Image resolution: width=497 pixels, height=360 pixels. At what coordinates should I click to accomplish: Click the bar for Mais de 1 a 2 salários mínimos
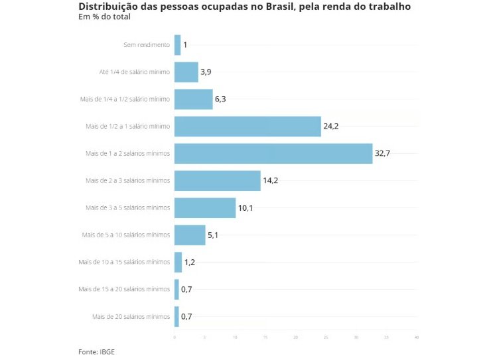pyautogui.click(x=273, y=153)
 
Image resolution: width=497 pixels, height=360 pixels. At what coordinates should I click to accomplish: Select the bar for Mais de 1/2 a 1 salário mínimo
pyautogui.click(x=248, y=126)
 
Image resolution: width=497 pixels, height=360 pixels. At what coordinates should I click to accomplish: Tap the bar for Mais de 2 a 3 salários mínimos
pyautogui.click(x=218, y=180)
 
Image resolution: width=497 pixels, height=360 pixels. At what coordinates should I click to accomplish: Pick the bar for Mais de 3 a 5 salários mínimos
pyautogui.click(x=205, y=208)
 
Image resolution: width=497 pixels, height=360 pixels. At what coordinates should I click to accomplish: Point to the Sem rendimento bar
pyautogui.click(x=177, y=44)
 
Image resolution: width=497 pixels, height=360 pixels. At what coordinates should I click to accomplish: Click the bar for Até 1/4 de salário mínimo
pyautogui.click(x=186, y=72)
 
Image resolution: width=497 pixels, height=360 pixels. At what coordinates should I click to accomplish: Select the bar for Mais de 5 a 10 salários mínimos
pyautogui.click(x=190, y=235)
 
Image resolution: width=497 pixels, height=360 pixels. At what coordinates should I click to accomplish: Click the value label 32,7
pyautogui.click(x=383, y=153)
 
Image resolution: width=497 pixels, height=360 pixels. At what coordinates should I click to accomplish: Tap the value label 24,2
pyautogui.click(x=331, y=126)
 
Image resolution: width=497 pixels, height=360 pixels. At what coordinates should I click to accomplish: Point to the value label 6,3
pyautogui.click(x=222, y=99)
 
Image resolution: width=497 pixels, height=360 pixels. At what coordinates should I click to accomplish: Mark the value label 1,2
pyautogui.click(x=190, y=262)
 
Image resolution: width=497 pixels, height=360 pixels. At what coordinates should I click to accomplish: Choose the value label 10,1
pyautogui.click(x=246, y=208)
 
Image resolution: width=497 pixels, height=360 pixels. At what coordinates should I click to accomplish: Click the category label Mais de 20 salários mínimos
pyautogui.click(x=131, y=316)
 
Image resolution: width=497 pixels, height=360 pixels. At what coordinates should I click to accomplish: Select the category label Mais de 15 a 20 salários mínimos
pyautogui.click(x=124, y=289)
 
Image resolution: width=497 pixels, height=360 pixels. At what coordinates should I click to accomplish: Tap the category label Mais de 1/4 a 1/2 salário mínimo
pyautogui.click(x=125, y=99)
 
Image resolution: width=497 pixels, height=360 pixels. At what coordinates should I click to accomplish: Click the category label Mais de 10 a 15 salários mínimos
pyautogui.click(x=124, y=262)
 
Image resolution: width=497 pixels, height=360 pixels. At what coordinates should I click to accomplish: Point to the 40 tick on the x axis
pyautogui.click(x=416, y=338)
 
